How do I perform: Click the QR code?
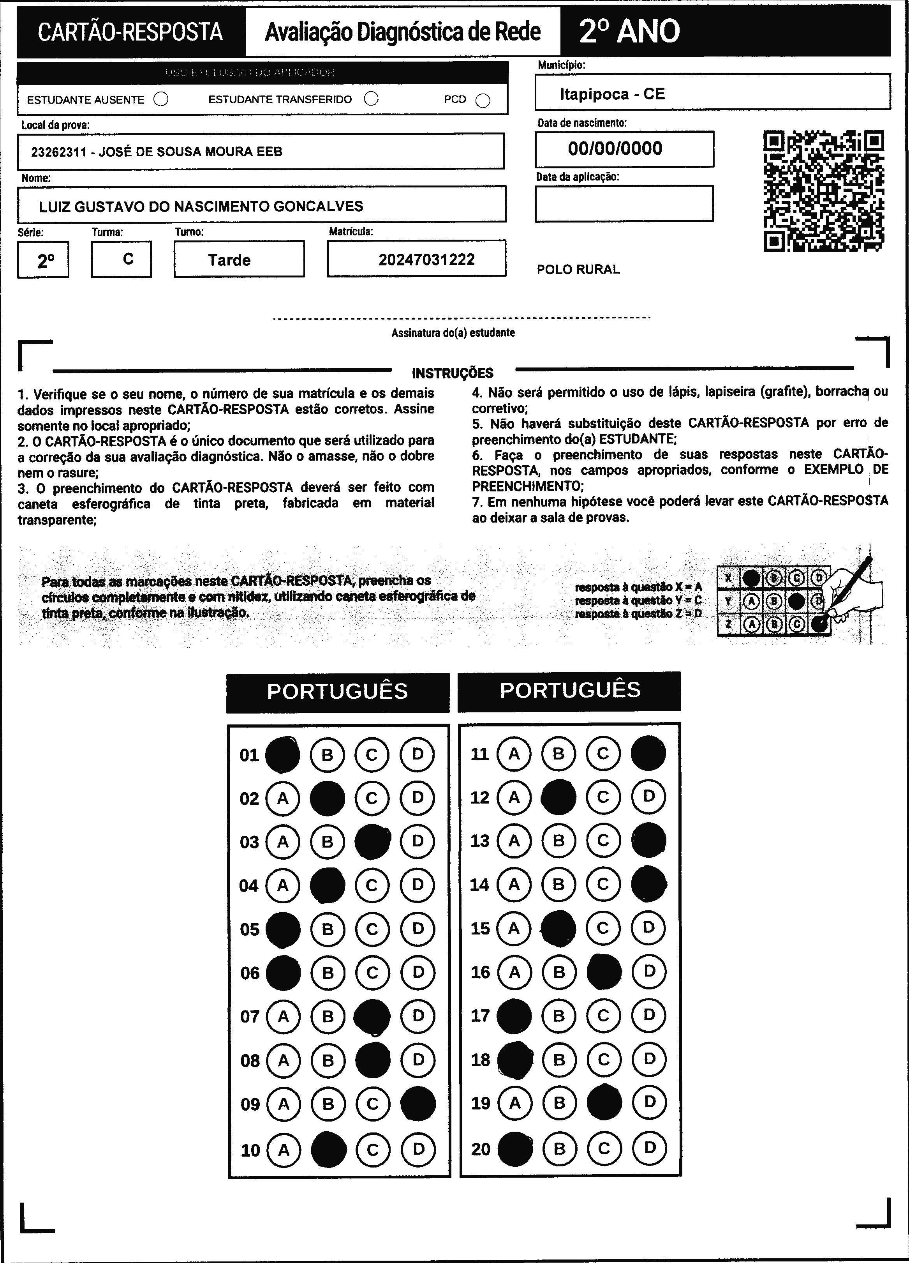823,191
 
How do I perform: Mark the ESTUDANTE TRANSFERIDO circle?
371,99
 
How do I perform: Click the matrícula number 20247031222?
426,260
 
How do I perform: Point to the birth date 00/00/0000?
615,149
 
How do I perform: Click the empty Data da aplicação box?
624,203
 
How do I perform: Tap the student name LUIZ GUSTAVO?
201,207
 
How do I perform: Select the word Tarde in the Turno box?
229,260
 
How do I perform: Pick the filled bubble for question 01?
282,754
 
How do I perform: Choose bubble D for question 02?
417,798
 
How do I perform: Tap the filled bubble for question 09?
418,1103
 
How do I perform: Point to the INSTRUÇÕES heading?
452,373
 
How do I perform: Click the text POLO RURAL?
578,270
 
